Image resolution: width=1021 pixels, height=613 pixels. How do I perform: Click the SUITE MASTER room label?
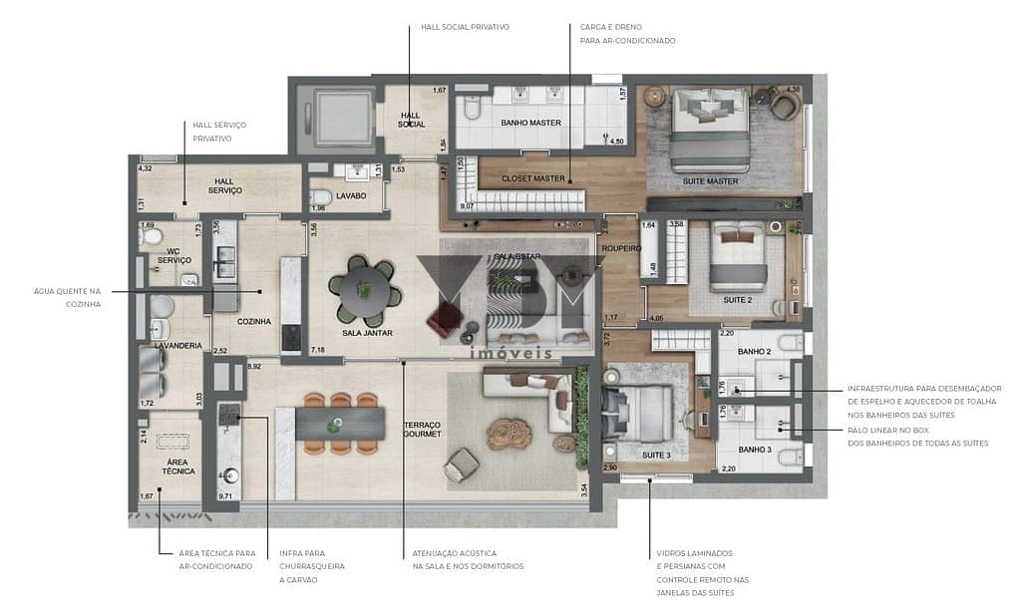click(709, 180)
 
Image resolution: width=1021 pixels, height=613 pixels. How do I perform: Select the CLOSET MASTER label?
click(532, 179)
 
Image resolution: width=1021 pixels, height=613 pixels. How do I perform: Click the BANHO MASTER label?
click(530, 123)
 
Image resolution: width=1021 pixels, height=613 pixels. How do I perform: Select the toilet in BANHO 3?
click(788, 460)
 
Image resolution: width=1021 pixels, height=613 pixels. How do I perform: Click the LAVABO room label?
click(351, 196)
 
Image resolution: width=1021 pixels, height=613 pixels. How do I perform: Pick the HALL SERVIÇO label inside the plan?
click(223, 185)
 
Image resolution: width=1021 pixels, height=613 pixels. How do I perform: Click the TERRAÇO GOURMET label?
click(422, 430)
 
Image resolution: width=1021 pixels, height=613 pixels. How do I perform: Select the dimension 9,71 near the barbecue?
click(224, 495)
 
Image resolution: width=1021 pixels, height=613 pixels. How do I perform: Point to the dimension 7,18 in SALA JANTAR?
click(318, 350)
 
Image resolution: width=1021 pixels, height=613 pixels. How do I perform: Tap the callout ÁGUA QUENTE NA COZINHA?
click(68, 296)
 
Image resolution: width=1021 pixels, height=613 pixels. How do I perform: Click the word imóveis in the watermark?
click(510, 353)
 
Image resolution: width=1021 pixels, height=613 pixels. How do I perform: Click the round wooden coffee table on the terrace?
click(510, 433)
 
